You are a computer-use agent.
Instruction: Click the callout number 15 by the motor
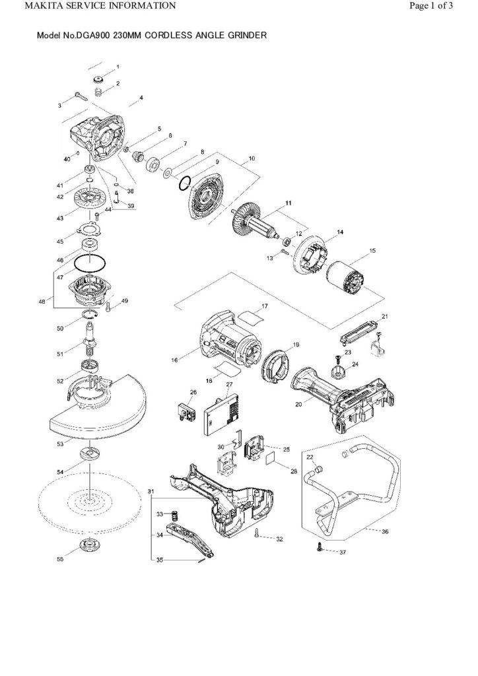(372, 251)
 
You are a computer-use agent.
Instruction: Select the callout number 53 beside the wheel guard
(60, 446)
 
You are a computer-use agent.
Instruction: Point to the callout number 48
(42, 302)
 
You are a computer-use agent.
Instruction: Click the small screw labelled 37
(320, 547)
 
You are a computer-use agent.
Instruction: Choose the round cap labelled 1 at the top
(99, 80)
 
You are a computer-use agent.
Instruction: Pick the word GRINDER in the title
(246, 35)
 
